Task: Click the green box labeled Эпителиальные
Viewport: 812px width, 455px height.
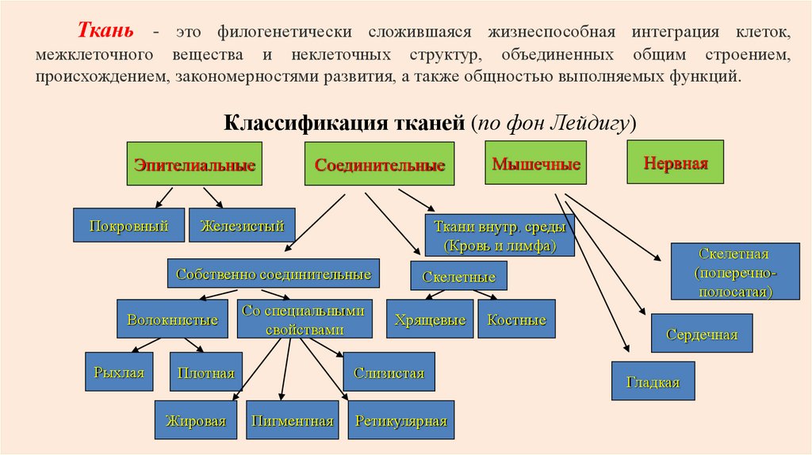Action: point(194,165)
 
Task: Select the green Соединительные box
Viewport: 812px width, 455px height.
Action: point(380,165)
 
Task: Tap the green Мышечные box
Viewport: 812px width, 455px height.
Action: point(536,164)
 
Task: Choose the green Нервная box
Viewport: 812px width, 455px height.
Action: point(675,162)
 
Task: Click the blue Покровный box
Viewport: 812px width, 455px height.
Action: point(128,225)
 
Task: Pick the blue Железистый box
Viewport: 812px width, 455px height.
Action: point(242,225)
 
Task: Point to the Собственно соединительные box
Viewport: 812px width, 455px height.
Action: point(274,273)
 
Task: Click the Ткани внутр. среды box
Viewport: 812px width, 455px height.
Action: point(499,235)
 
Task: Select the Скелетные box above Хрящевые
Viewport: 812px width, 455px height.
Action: point(458,277)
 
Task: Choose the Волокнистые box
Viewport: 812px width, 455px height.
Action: point(172,319)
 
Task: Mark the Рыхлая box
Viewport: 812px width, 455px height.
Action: point(119,372)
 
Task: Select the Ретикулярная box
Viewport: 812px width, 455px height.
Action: point(401,420)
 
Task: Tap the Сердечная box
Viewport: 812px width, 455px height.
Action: point(702,334)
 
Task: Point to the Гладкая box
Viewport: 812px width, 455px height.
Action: point(653,381)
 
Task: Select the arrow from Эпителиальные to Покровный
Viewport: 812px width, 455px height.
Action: point(164,197)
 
